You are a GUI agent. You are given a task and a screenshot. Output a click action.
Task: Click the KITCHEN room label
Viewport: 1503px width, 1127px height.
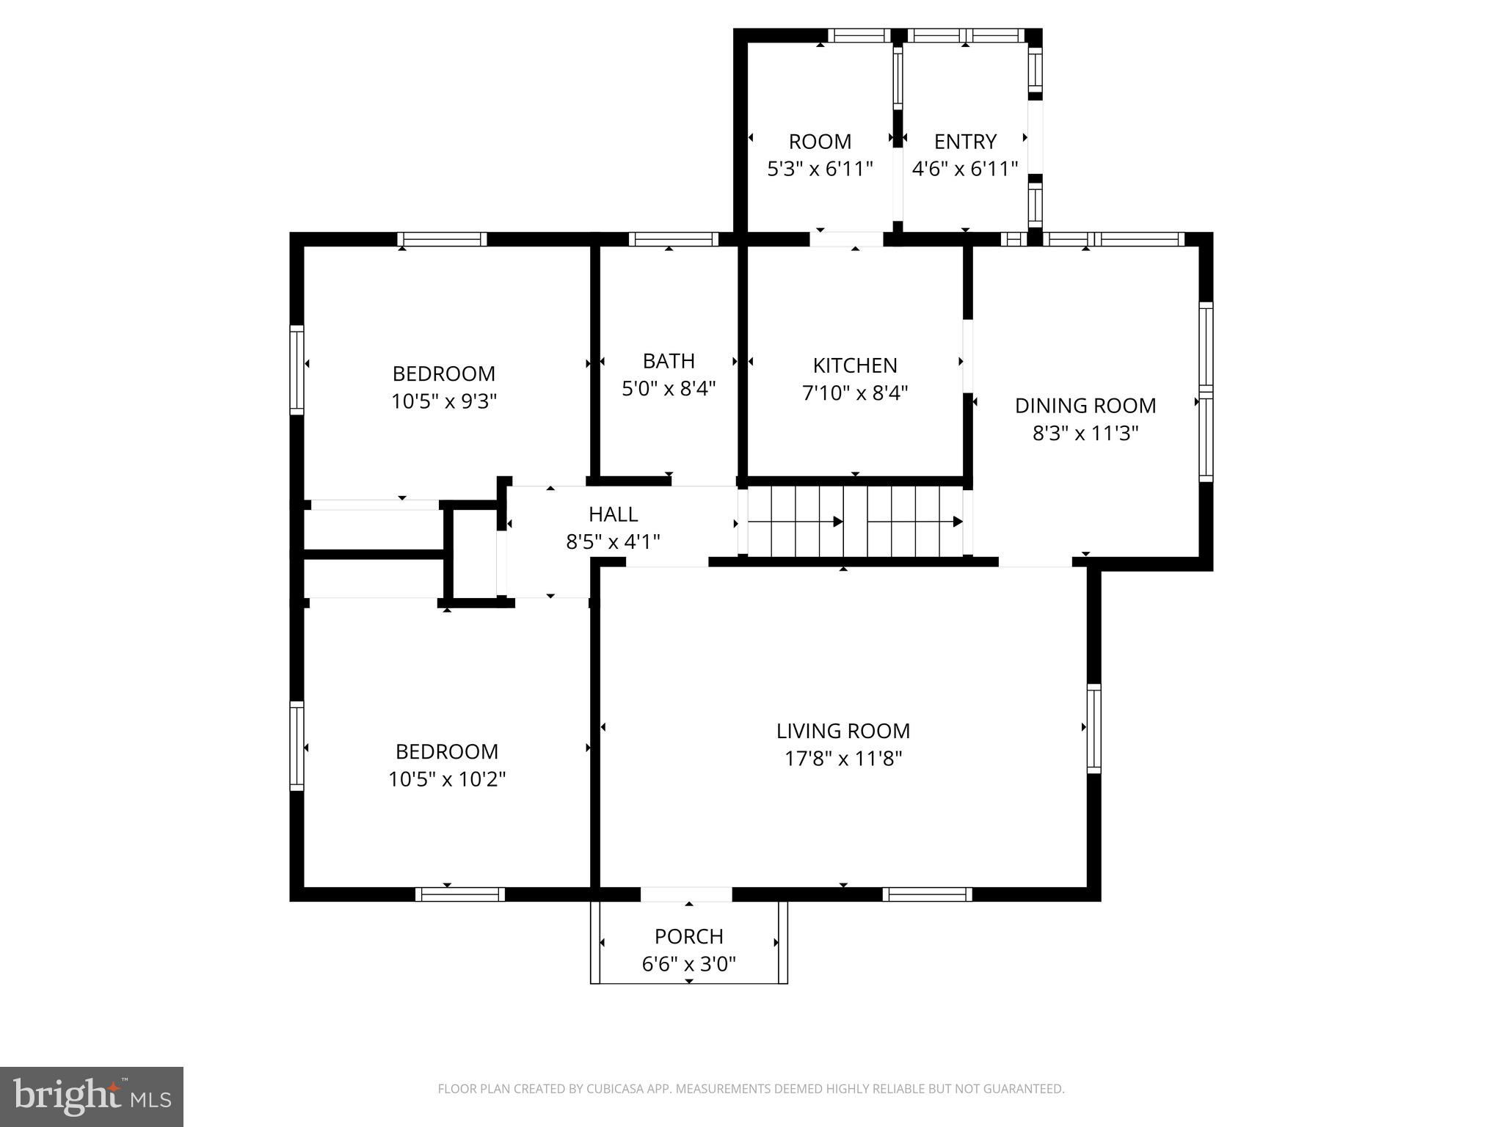tap(855, 365)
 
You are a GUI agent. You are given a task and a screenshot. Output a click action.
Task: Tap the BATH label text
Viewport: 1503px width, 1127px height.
tap(669, 361)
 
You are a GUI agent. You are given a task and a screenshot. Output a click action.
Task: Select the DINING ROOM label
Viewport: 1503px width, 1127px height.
tap(1085, 406)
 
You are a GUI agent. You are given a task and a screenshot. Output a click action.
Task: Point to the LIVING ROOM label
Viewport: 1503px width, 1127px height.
tap(843, 731)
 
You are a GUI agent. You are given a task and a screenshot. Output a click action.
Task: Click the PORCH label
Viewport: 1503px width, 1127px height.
tap(689, 936)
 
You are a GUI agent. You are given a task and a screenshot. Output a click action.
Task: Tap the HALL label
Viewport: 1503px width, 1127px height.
tap(613, 514)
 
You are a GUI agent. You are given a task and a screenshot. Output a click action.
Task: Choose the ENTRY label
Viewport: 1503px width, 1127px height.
tap(965, 142)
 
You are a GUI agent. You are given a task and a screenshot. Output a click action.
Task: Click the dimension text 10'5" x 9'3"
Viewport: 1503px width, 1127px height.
tap(444, 401)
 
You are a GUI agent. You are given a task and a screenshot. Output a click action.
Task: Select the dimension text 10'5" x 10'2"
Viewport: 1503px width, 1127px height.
tap(447, 779)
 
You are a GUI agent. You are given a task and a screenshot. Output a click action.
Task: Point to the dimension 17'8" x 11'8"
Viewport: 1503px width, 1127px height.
tap(843, 759)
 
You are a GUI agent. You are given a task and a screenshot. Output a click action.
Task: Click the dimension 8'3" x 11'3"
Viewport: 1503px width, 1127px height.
tap(1085, 434)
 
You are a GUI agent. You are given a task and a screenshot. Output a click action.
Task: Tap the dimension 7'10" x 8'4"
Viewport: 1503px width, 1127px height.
tap(855, 393)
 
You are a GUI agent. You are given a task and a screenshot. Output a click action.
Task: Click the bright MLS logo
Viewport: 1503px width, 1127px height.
tap(92, 1097)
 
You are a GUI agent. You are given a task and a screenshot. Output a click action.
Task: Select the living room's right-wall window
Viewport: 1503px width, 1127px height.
tap(1093, 728)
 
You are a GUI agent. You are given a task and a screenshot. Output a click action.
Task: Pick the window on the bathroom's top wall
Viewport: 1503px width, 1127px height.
tap(673, 239)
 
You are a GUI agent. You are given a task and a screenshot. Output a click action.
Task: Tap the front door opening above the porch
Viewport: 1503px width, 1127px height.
tap(686, 894)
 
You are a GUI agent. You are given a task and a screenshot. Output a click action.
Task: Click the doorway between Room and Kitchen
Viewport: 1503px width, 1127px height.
tap(846, 239)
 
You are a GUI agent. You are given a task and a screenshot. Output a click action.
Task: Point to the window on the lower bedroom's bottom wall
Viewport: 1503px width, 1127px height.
tap(460, 894)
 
